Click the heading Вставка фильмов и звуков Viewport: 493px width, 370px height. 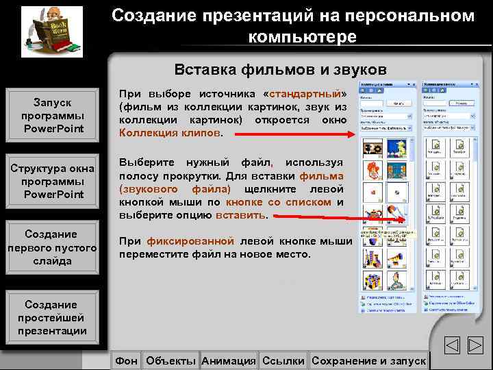[x=280, y=70]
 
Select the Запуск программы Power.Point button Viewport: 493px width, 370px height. [x=53, y=115]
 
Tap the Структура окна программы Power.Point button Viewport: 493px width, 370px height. [x=53, y=181]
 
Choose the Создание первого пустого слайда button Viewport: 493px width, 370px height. [x=53, y=247]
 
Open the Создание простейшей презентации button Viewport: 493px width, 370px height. [x=53, y=317]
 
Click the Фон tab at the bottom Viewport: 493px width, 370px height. [x=126, y=360]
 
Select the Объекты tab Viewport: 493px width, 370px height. [x=171, y=360]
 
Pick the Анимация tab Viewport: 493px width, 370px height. [x=229, y=360]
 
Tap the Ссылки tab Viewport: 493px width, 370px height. [x=283, y=360]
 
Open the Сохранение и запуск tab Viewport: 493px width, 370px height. [x=368, y=360]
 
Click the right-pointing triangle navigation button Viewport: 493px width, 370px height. [x=476, y=346]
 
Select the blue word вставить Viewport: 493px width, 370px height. [x=240, y=214]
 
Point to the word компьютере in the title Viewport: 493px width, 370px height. [x=302, y=36]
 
